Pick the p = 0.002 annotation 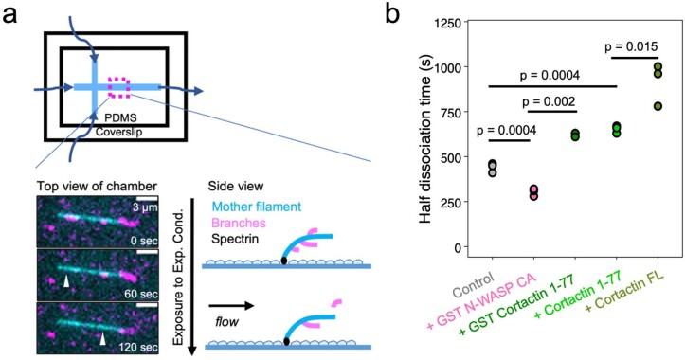pos(559,99)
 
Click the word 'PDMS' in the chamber pos(120,116)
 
